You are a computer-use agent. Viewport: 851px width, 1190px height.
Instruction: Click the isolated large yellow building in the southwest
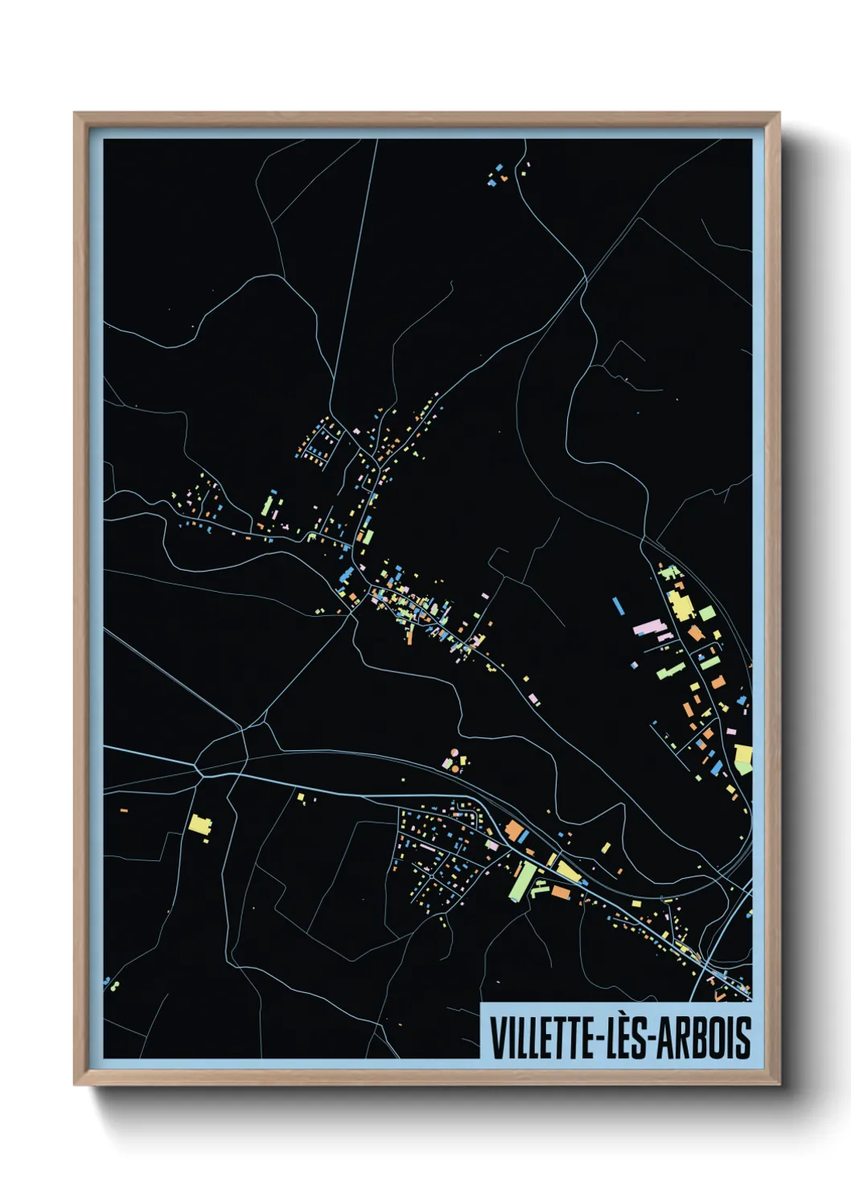[199, 825]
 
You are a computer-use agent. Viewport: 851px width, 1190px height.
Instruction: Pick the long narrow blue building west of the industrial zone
[619, 605]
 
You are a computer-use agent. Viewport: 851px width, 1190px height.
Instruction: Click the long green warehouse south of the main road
[522, 881]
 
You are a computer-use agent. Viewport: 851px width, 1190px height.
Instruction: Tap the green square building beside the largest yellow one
[707, 613]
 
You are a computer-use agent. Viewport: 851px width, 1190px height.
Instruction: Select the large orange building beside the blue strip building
[514, 831]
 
